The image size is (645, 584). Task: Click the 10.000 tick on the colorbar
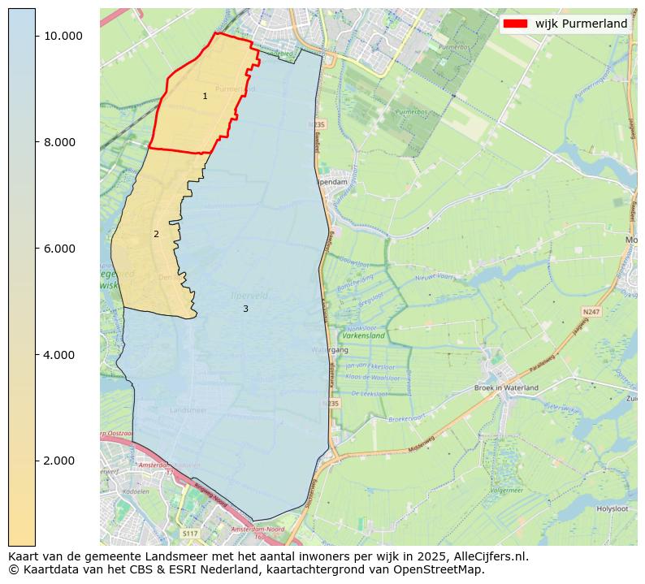click(63, 36)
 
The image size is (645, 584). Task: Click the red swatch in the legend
click(516, 24)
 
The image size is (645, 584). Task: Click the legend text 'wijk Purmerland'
click(581, 24)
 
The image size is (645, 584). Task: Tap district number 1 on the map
click(205, 97)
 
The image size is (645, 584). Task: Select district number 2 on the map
click(156, 235)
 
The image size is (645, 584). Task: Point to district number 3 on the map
click(245, 309)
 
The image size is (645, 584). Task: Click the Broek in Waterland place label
click(505, 388)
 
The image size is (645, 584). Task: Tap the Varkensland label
click(363, 335)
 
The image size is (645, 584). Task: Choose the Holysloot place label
click(613, 509)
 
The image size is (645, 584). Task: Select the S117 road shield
click(190, 534)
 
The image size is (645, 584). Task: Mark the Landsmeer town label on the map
click(188, 411)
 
